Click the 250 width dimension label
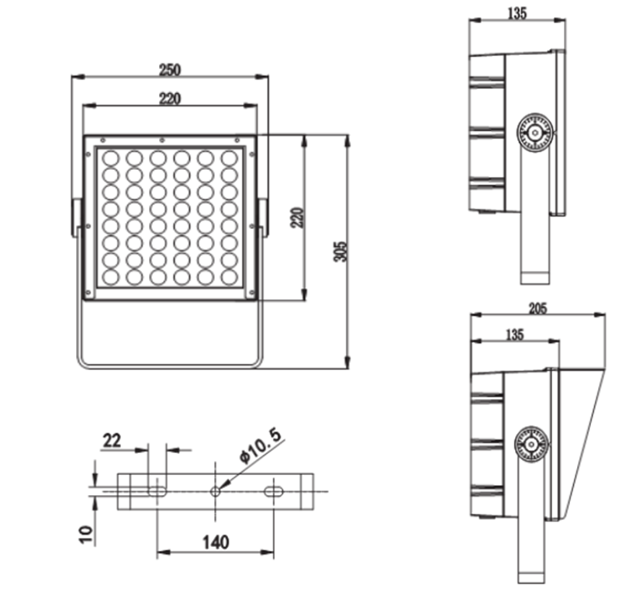(x=170, y=70)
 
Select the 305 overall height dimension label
(x=341, y=251)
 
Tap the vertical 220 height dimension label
(x=298, y=217)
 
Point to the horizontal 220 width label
(x=170, y=99)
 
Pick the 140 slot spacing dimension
(x=216, y=542)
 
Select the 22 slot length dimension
(x=112, y=440)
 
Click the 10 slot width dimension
(x=86, y=535)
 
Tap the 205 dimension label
(x=538, y=308)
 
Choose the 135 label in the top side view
(x=517, y=13)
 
